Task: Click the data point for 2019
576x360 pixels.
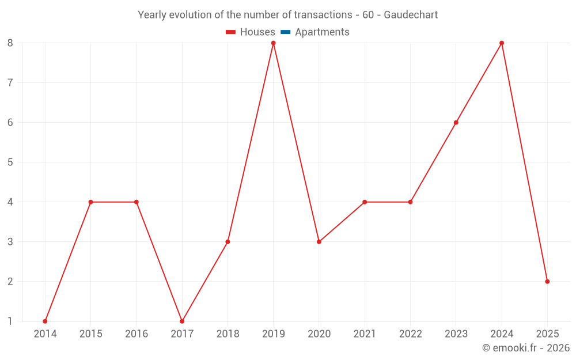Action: (x=273, y=43)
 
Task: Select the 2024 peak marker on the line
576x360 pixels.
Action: (x=502, y=43)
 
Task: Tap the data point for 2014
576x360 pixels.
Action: (x=45, y=321)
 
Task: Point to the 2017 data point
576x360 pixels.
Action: (x=182, y=321)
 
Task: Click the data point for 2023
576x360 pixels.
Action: (x=456, y=123)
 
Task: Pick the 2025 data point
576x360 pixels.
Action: (x=547, y=282)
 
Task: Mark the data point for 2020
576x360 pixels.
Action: (x=319, y=242)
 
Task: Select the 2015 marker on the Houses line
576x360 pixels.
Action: (x=90, y=202)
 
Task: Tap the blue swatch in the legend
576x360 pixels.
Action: (x=286, y=32)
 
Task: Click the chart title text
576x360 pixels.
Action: (x=287, y=15)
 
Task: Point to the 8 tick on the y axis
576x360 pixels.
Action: (x=10, y=43)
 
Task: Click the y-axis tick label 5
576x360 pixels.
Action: (x=10, y=162)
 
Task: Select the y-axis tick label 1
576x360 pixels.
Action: (x=10, y=321)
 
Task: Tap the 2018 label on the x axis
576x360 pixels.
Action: (x=228, y=334)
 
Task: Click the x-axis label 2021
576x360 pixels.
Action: (x=365, y=334)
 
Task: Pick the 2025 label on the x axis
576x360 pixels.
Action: (x=547, y=334)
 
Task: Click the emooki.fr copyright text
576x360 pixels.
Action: (x=525, y=348)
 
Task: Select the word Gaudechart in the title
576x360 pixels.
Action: (x=411, y=15)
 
